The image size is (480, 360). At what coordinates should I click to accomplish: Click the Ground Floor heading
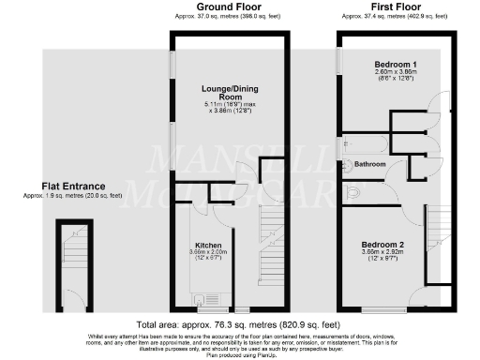click(x=222, y=7)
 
